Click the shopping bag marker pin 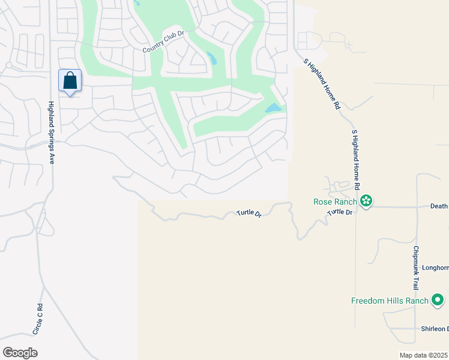click(x=70, y=80)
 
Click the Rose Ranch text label click(x=336, y=202)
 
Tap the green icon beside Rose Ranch click(x=366, y=202)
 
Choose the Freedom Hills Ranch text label click(x=390, y=301)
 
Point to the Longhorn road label click(x=435, y=268)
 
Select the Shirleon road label click(x=433, y=329)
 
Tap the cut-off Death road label click(x=439, y=206)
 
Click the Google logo click(x=20, y=353)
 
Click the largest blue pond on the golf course click(x=273, y=109)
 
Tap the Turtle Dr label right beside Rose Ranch click(x=340, y=212)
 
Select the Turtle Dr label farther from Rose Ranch click(x=249, y=213)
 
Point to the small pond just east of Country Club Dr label click(x=211, y=58)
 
